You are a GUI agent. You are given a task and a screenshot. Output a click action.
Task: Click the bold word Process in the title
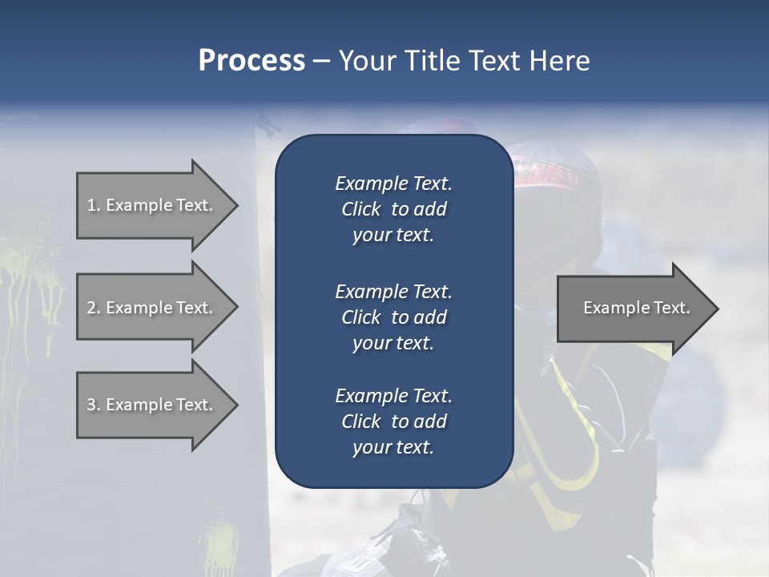pos(252,60)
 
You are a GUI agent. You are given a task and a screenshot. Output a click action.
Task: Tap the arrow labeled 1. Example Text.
pos(152,205)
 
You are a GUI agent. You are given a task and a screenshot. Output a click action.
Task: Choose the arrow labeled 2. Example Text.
pos(152,308)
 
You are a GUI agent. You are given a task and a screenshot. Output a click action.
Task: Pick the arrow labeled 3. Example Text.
pos(152,405)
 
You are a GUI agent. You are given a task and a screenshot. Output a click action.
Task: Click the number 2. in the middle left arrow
pos(94,308)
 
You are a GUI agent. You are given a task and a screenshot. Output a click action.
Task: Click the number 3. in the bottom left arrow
pos(94,405)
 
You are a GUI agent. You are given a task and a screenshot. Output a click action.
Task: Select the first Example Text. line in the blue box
pos(393,184)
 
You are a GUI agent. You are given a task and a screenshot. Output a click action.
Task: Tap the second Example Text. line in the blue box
pos(393,291)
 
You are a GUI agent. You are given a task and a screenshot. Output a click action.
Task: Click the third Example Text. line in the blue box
pos(393,395)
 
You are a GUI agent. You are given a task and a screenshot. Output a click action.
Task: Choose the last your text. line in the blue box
pos(393,447)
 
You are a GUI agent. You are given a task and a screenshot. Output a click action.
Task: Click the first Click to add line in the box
pos(393,209)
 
